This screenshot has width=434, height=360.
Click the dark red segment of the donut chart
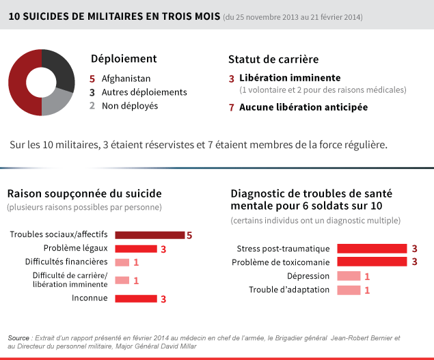click(x=17, y=83)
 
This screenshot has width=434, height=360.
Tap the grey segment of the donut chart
click(x=57, y=102)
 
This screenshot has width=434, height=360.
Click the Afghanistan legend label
click(x=126, y=79)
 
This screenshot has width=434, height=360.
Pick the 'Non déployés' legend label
click(x=130, y=106)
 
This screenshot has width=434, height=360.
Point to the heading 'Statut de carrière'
click(x=273, y=59)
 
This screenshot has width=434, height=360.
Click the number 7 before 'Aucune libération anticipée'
click(x=232, y=107)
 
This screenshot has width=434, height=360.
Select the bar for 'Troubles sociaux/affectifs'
click(x=150, y=235)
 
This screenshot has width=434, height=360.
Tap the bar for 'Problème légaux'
click(x=136, y=249)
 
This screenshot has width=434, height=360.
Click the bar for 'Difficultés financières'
click(x=122, y=262)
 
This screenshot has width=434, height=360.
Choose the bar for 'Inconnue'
click(x=136, y=299)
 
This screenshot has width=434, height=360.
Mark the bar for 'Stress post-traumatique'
click(x=372, y=249)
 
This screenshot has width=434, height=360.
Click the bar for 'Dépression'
click(x=349, y=276)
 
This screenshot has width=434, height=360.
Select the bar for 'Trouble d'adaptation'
click(x=349, y=290)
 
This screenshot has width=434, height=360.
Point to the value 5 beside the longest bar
click(x=189, y=236)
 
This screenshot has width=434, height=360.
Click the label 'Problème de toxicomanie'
click(x=281, y=262)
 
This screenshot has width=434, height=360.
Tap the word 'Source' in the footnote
click(x=18, y=338)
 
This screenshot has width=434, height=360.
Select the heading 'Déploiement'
click(x=124, y=59)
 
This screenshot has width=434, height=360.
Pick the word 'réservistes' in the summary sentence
click(x=153, y=144)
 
